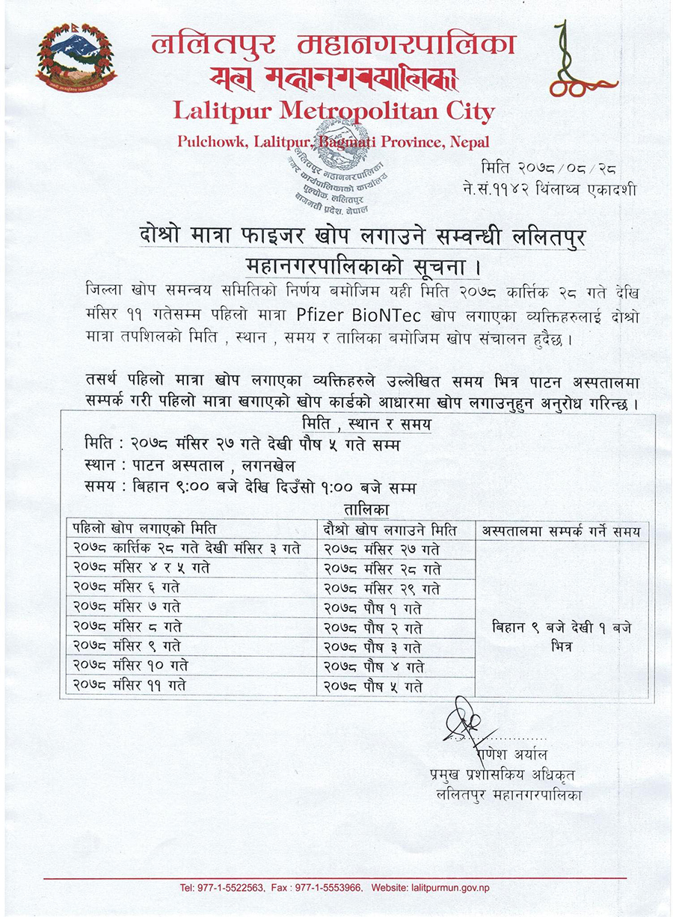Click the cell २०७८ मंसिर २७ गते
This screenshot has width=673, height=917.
pyautogui.click(x=382, y=549)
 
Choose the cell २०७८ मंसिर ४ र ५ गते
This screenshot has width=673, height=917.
pyautogui.click(x=141, y=568)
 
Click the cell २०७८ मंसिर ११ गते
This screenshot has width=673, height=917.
pyautogui.click(x=129, y=684)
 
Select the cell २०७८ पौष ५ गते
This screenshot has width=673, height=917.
pyautogui.click(x=373, y=686)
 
